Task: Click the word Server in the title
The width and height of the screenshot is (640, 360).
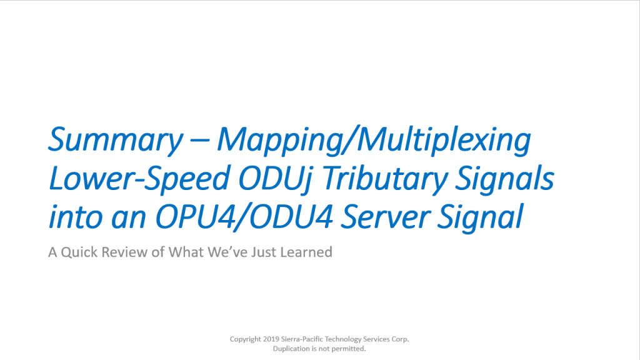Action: tap(385, 217)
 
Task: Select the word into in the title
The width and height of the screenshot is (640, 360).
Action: tap(76, 217)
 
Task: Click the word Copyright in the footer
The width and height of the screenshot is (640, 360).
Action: tap(245, 339)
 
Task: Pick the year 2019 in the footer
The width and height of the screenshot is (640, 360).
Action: tap(271, 339)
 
